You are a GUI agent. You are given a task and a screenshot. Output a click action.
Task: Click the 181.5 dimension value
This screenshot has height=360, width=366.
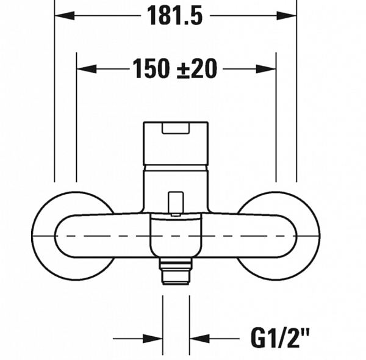point(175,16)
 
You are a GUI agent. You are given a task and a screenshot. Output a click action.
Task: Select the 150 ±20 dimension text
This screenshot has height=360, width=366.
point(175,68)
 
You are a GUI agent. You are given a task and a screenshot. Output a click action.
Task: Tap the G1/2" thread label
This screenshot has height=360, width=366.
point(281,338)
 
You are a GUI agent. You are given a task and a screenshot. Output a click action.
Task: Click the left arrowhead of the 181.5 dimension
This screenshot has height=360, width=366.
point(65,16)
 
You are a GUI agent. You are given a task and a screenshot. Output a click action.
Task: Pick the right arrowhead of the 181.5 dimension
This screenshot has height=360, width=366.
point(287,16)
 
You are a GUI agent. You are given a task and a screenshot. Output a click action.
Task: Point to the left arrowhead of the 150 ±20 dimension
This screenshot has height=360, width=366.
point(87,69)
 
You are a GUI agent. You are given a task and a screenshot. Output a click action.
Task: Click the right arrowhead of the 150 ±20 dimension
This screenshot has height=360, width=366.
point(266,69)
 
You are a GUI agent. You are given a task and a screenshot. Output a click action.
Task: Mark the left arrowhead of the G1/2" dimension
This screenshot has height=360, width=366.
point(152,339)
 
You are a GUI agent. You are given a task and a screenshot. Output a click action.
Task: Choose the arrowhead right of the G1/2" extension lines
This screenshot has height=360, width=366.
point(199,339)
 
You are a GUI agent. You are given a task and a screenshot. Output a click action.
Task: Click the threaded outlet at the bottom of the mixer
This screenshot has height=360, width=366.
point(175,271)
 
